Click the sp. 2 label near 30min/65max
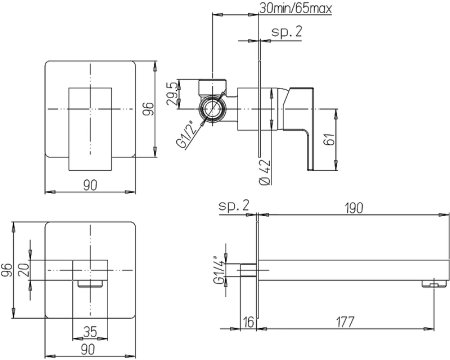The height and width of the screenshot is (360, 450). coord(289,34)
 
